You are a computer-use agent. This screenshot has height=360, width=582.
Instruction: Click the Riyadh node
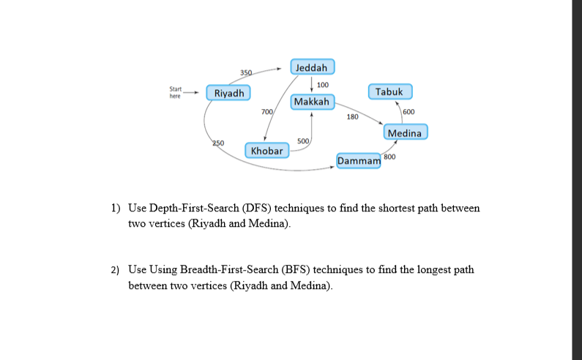[x=229, y=93]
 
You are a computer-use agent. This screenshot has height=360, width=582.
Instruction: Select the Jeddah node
[x=313, y=67]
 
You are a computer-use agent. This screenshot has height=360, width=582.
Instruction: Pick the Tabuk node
[x=390, y=92]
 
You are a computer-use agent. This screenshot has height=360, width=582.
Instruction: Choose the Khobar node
[x=266, y=151]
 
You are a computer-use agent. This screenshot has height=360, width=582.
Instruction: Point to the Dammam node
[x=359, y=160]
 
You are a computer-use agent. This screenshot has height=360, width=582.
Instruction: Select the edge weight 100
[x=322, y=85]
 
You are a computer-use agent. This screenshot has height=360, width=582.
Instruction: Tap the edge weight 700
[x=267, y=111]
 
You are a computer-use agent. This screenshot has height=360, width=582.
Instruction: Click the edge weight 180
[x=352, y=117]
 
